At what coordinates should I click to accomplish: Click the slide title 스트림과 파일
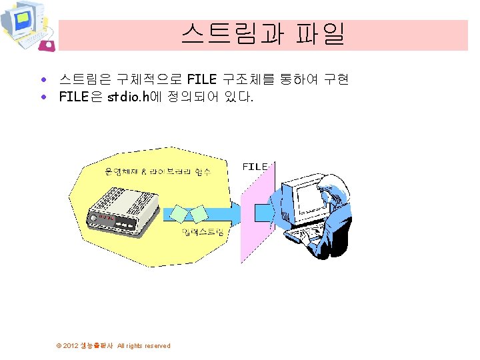263,34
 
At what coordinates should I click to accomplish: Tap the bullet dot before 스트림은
43,80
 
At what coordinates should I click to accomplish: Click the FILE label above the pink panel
255,166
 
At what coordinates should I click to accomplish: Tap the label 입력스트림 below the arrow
203,231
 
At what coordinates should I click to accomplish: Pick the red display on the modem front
107,217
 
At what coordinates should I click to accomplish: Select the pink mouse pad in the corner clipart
47,45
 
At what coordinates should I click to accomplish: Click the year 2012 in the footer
70,345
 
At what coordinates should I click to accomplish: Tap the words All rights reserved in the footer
143,345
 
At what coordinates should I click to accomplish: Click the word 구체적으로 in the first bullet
152,80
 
